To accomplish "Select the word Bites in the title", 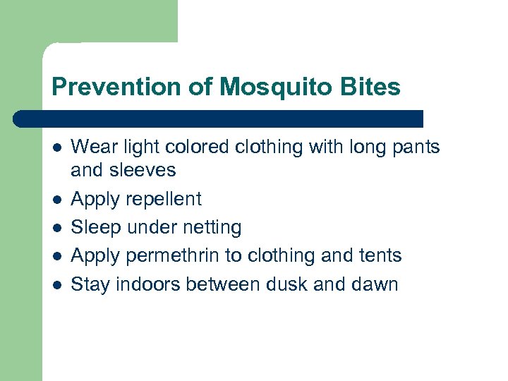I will [374, 87].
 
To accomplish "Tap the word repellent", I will [164, 199].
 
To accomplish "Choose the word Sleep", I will [95, 227].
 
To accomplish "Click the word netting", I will [212, 227].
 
